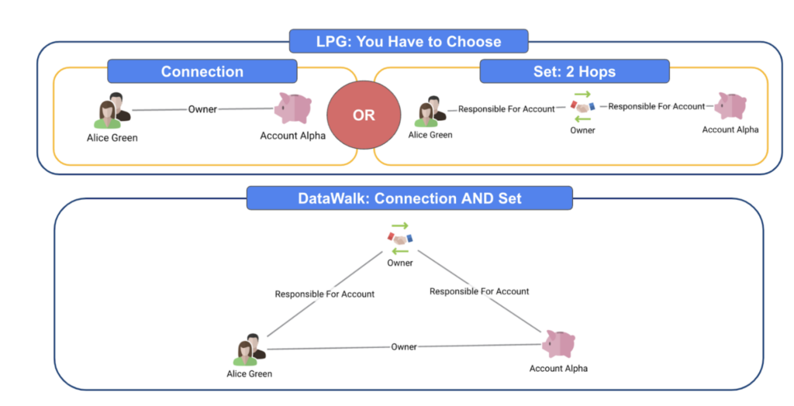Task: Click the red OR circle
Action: pyautogui.click(x=364, y=115)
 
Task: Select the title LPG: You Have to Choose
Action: pyautogui.click(x=409, y=41)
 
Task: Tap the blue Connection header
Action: pyautogui.click(x=202, y=71)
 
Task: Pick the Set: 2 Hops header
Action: pyautogui.click(x=574, y=71)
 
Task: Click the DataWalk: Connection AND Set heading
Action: pyautogui.click(x=409, y=198)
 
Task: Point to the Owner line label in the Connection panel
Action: pyautogui.click(x=202, y=109)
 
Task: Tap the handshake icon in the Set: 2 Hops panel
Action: pyautogui.click(x=582, y=108)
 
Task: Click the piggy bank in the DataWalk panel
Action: pyautogui.click(x=558, y=344)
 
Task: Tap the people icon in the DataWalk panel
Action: pyautogui.click(x=249, y=349)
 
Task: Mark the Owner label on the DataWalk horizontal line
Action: pyautogui.click(x=404, y=346)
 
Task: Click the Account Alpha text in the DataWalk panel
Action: pyautogui.click(x=557, y=368)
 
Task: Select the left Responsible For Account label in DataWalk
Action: pyautogui.click(x=324, y=294)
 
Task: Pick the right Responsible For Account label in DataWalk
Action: pyautogui.click(x=479, y=291)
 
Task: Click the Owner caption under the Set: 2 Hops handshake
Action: pyautogui.click(x=582, y=130)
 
